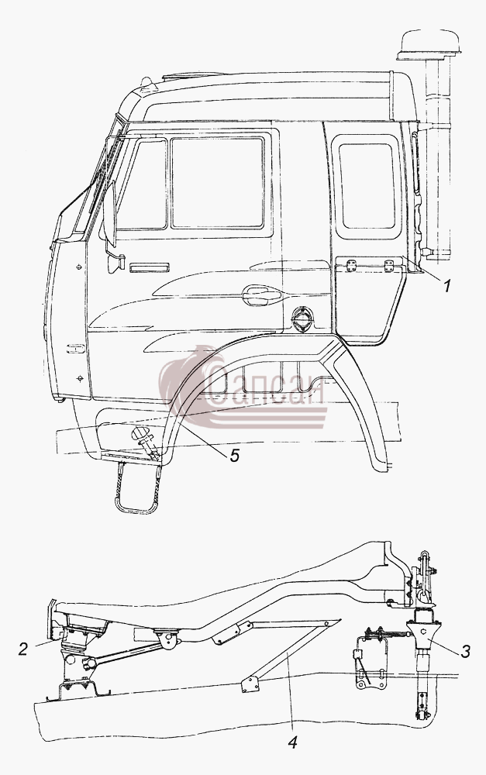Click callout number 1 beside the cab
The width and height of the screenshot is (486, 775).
coord(447,286)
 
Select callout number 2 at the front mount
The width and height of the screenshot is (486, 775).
coord(23,649)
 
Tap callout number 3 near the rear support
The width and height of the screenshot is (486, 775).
coord(465,652)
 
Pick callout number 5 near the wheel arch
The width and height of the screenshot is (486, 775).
coord(234,455)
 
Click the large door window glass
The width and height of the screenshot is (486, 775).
coord(217,184)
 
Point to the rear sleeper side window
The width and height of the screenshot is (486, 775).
coord(367,186)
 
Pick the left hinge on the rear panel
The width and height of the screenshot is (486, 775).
coord(351,265)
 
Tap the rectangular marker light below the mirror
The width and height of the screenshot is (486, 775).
coord(148,267)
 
